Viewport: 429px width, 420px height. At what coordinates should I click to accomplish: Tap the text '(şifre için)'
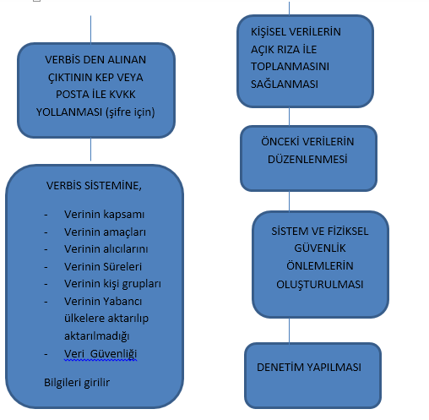pyautogui.click(x=130, y=112)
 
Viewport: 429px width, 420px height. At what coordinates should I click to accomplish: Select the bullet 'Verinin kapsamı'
pyautogui.click(x=104, y=215)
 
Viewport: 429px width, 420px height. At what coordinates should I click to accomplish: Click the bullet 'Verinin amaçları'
pyautogui.click(x=105, y=232)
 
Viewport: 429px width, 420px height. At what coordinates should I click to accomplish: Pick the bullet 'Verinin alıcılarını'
pyautogui.click(x=106, y=249)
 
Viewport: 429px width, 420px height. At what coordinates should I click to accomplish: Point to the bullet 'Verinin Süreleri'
pyautogui.click(x=103, y=267)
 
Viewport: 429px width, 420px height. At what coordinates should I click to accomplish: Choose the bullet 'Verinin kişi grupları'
pyautogui.click(x=112, y=284)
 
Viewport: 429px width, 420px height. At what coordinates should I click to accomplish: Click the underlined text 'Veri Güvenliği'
pyautogui.click(x=100, y=354)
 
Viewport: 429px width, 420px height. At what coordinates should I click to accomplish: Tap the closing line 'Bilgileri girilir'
pyautogui.click(x=77, y=383)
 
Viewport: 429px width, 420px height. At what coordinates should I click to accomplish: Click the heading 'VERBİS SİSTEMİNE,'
pyautogui.click(x=94, y=186)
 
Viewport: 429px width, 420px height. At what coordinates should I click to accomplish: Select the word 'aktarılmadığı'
pyautogui.click(x=97, y=336)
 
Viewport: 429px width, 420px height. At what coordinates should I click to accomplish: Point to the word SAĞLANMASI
pyautogui.click(x=285, y=85)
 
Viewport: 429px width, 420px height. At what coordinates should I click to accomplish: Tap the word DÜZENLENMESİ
pyautogui.click(x=307, y=160)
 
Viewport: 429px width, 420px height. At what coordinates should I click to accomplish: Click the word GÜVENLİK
pyautogui.click(x=320, y=248)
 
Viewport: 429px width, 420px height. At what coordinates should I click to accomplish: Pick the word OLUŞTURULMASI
pyautogui.click(x=320, y=284)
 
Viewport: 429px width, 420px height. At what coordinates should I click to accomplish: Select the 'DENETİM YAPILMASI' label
pyautogui.click(x=309, y=368)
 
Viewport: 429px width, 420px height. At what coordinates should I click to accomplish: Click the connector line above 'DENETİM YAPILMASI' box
pyautogui.click(x=289, y=331)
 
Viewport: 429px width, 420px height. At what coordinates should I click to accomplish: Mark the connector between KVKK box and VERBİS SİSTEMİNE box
pyautogui.click(x=90, y=150)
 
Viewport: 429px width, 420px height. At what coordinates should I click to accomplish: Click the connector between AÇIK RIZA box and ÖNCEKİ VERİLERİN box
pyautogui.click(x=289, y=117)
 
